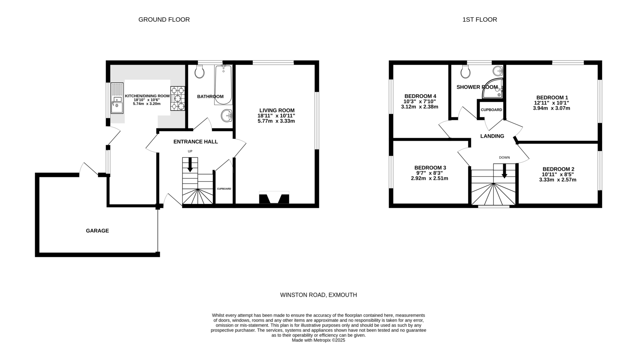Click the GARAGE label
[97, 231]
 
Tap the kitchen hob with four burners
[178, 99]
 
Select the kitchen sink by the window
[117, 98]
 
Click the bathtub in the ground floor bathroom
[223, 85]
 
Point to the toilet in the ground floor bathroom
[199, 72]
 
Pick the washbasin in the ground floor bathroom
[227, 116]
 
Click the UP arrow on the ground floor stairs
[190, 165]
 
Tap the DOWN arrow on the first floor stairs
[504, 171]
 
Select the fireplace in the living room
[274, 198]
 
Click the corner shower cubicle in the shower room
[494, 89]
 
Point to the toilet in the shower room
[466, 72]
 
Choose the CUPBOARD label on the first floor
[491, 110]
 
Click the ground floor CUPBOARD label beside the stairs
[224, 189]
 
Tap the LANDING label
[492, 136]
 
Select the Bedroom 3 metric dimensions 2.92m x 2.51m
[430, 179]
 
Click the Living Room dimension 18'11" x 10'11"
[276, 116]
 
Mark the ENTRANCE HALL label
[196, 142]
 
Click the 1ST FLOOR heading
[480, 20]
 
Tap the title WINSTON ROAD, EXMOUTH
[318, 295]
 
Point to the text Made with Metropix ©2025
[318, 340]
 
